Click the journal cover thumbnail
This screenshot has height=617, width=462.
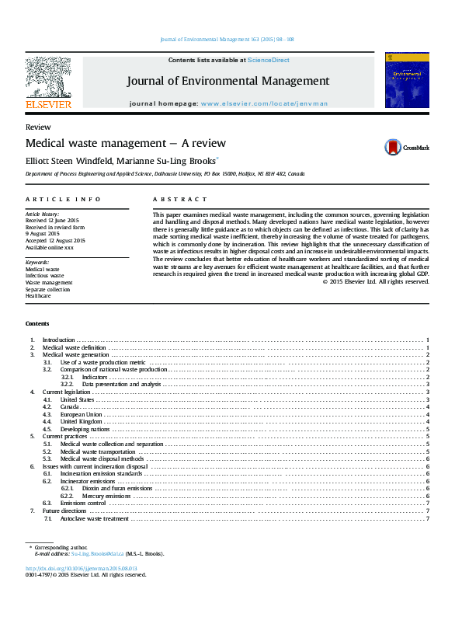tap(406, 80)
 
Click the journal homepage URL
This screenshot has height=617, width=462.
tap(264, 103)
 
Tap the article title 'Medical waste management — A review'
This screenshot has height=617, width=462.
tap(126, 143)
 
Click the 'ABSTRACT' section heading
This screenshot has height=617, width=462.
tap(180, 200)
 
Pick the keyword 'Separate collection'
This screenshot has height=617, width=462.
tap(47, 289)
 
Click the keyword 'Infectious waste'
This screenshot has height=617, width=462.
tap(44, 275)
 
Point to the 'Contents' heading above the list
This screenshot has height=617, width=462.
tap(36, 323)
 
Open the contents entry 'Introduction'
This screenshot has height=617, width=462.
tap(58, 340)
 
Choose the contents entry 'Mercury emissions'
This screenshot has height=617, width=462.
tap(107, 495)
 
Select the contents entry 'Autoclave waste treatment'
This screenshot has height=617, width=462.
tap(94, 518)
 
